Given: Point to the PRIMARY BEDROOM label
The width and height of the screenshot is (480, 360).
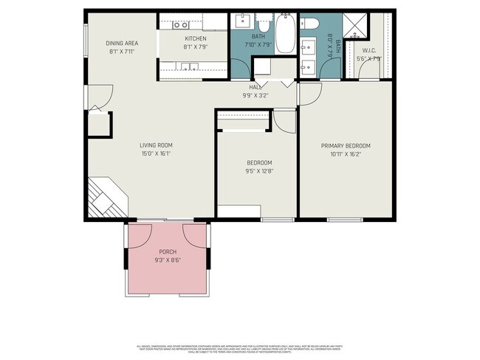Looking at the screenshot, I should point(345,145).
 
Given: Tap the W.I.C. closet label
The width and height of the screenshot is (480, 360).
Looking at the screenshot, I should point(369,51).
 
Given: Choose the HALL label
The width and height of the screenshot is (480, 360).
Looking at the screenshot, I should point(256,87).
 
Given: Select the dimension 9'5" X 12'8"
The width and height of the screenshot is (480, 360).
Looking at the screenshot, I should point(259,171).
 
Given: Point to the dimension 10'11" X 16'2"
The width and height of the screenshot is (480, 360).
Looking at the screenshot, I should point(345,154).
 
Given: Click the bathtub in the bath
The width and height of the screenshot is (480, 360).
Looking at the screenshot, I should point(285,26).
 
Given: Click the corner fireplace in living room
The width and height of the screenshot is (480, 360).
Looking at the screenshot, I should point(103,199).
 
